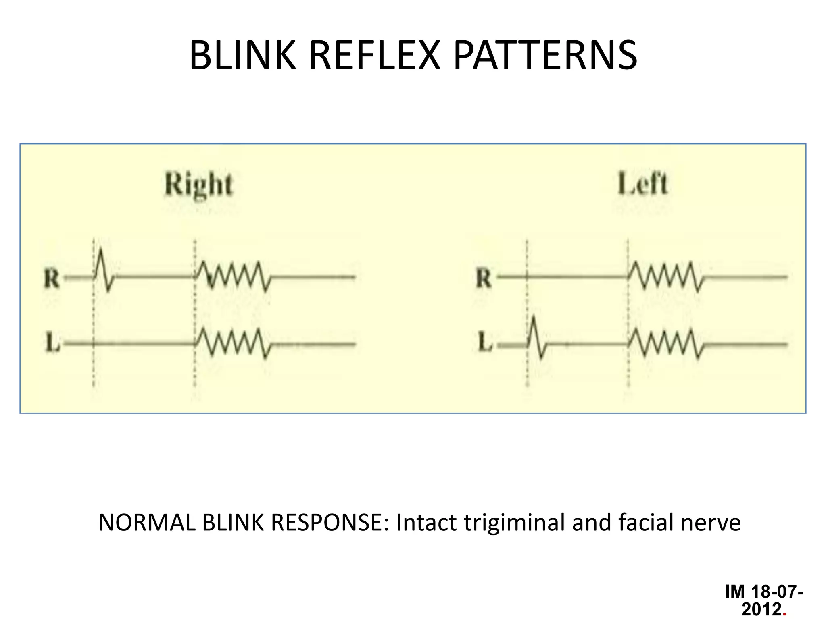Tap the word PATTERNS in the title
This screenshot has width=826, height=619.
click(x=545, y=55)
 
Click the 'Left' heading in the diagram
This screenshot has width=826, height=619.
click(x=642, y=184)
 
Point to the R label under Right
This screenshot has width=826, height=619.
click(x=52, y=279)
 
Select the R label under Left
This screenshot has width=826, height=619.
click(x=484, y=279)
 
